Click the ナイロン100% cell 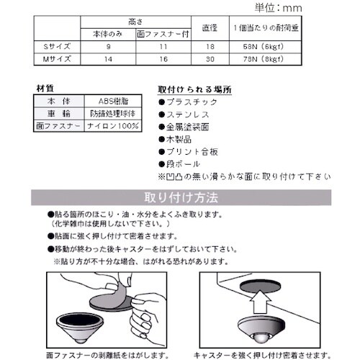[x=107, y=124]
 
